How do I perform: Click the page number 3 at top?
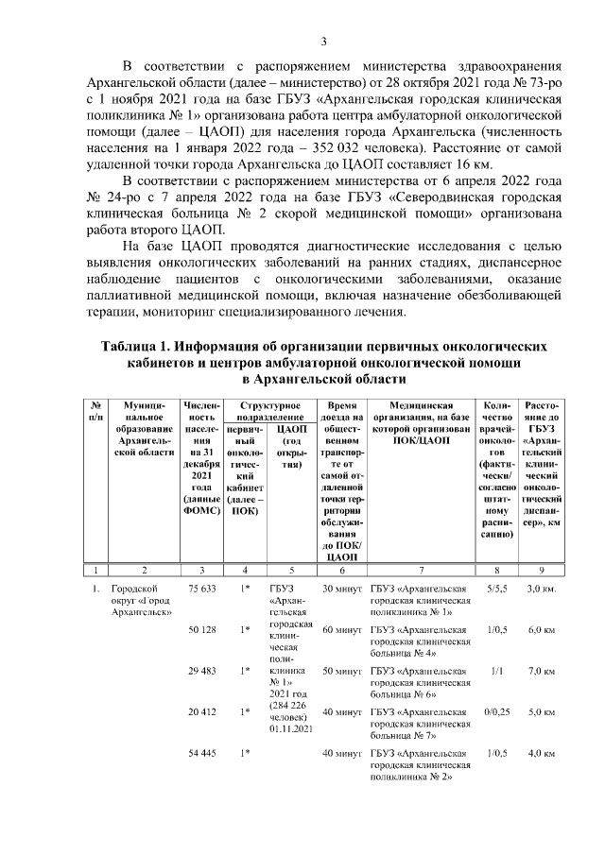coord(323,41)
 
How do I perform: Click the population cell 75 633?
coord(202,588)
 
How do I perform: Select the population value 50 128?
coord(202,628)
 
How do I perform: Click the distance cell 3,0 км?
coord(541,588)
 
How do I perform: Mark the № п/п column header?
coord(96,411)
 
